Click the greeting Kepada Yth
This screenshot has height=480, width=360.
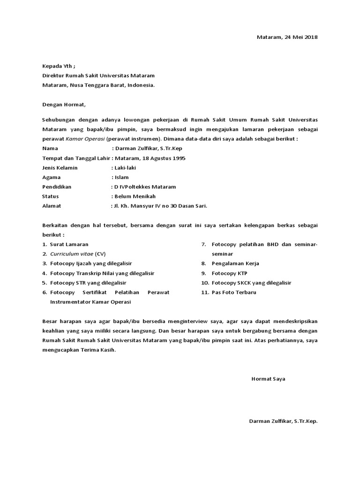click(x=58, y=66)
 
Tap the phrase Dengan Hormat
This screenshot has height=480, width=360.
click(x=64, y=104)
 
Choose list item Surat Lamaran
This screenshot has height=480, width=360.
click(x=69, y=244)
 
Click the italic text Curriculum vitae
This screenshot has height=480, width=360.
click(x=71, y=254)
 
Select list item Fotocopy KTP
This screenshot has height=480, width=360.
click(x=229, y=273)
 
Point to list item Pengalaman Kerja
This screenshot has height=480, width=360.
click(x=235, y=263)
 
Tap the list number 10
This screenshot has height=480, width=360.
click(x=204, y=283)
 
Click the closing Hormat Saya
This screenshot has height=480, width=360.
click(x=268, y=378)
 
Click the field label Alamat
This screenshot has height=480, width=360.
click(x=52, y=205)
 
